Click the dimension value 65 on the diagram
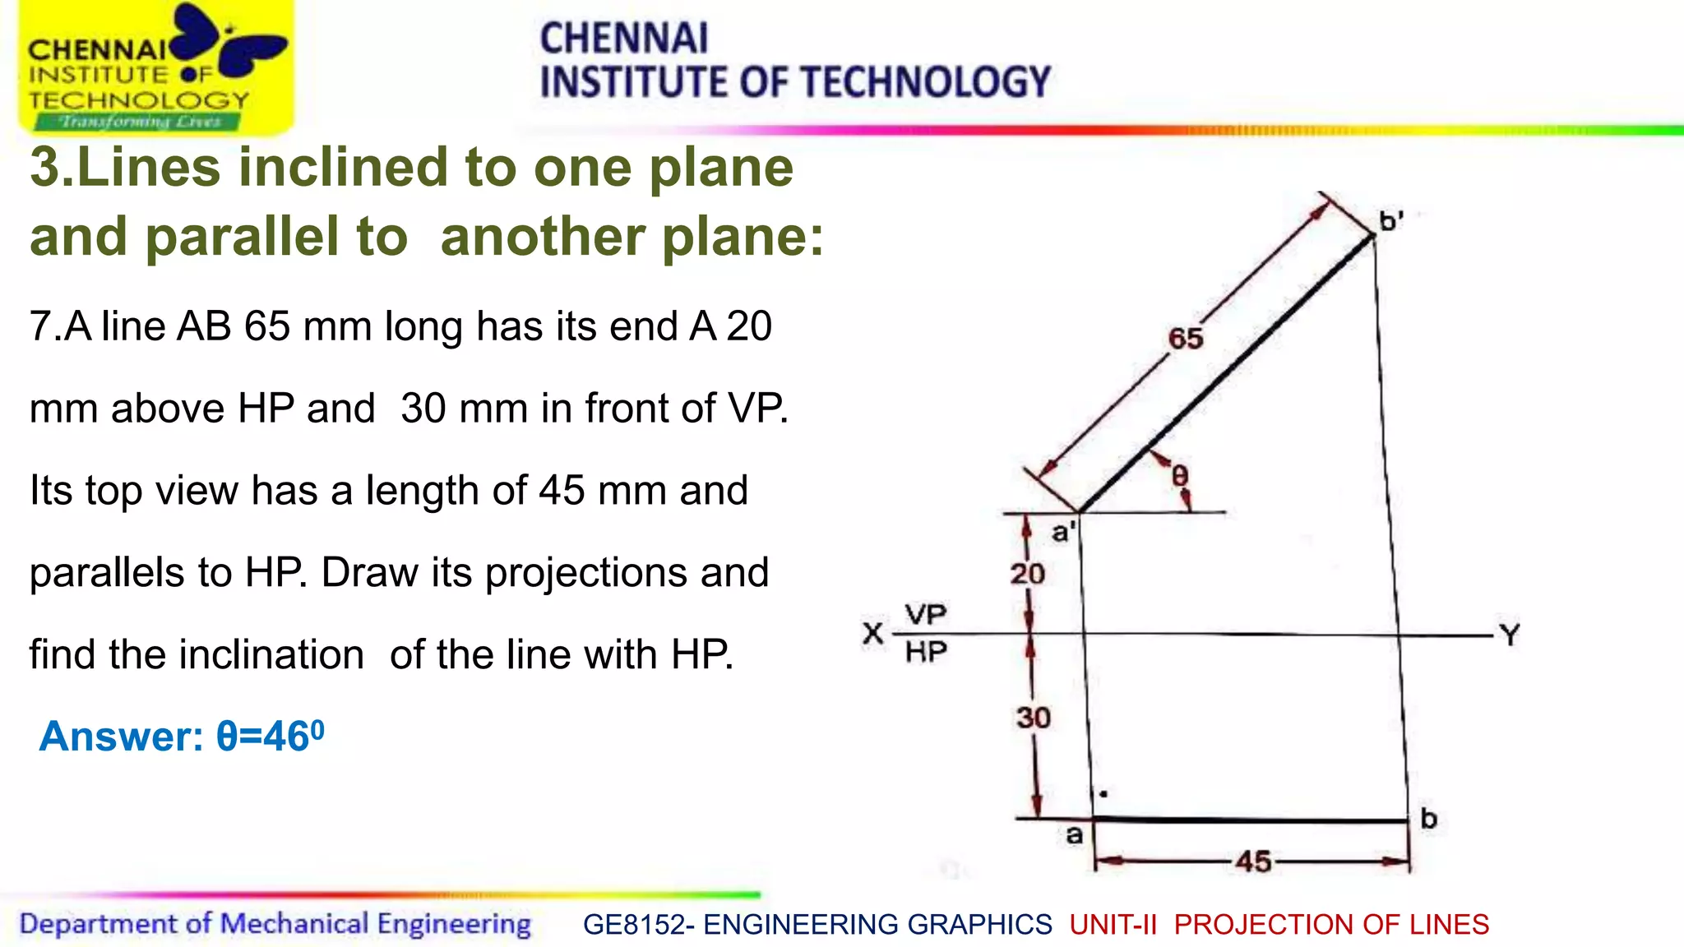[1185, 338]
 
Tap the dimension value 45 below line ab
[1253, 862]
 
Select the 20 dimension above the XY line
[1027, 573]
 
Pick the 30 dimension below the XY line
[1033, 718]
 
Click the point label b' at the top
[1390, 220]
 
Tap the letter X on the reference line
[872, 634]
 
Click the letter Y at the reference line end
[1510, 635]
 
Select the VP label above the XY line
[926, 614]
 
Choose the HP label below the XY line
[926, 653]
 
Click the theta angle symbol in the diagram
[1179, 475]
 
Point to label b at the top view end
[1428, 818]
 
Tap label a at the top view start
[1074, 835]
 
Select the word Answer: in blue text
[121, 736]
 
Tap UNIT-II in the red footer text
[1113, 925]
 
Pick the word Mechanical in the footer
[294, 924]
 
